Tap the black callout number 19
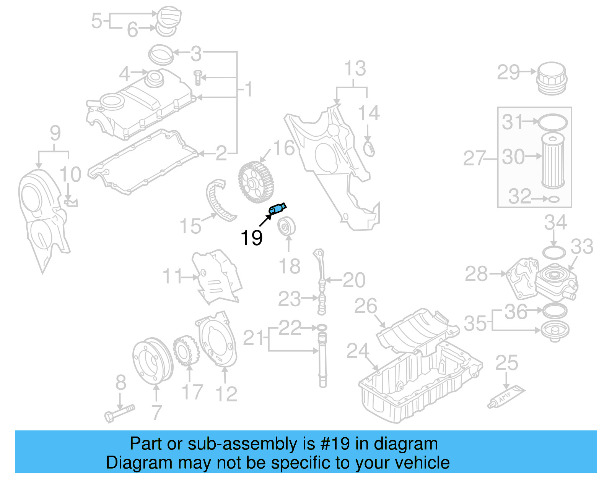coord(251,238)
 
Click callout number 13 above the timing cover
coord(355,69)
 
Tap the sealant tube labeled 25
coord(506,397)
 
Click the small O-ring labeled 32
coord(554,199)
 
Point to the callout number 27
coord(474,158)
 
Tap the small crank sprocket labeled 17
coord(186,351)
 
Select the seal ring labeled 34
coord(554,252)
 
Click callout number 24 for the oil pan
coord(358,351)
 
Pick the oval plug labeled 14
coord(369,149)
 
